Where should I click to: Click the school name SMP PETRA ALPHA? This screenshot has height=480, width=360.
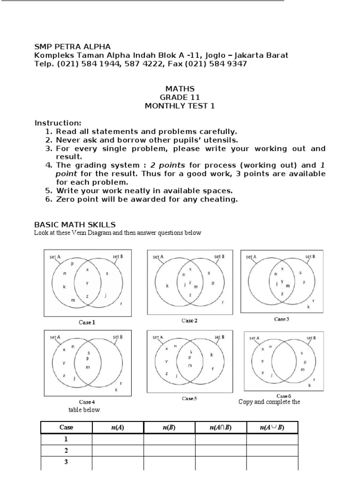(73, 46)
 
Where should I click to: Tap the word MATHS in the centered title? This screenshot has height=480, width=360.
(180, 89)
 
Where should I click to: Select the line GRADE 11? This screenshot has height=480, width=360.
(180, 97)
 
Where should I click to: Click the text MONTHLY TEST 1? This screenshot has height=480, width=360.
(180, 106)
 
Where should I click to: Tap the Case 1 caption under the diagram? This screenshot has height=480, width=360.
(87, 322)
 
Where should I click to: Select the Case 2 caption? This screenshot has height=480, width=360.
(189, 321)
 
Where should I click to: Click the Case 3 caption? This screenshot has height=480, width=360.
(282, 319)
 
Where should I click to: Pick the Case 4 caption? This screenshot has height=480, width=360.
(87, 402)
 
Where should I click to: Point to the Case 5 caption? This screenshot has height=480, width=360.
(189, 398)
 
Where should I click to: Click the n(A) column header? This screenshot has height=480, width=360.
(118, 427)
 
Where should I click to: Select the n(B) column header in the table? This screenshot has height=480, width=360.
(169, 427)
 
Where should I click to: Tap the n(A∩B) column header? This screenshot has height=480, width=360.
(220, 427)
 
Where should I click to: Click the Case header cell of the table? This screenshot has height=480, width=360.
(66, 427)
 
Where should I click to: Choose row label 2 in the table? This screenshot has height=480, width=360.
(66, 450)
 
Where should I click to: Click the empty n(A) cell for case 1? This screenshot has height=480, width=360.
(118, 439)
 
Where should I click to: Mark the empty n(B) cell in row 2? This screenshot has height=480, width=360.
(169, 450)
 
